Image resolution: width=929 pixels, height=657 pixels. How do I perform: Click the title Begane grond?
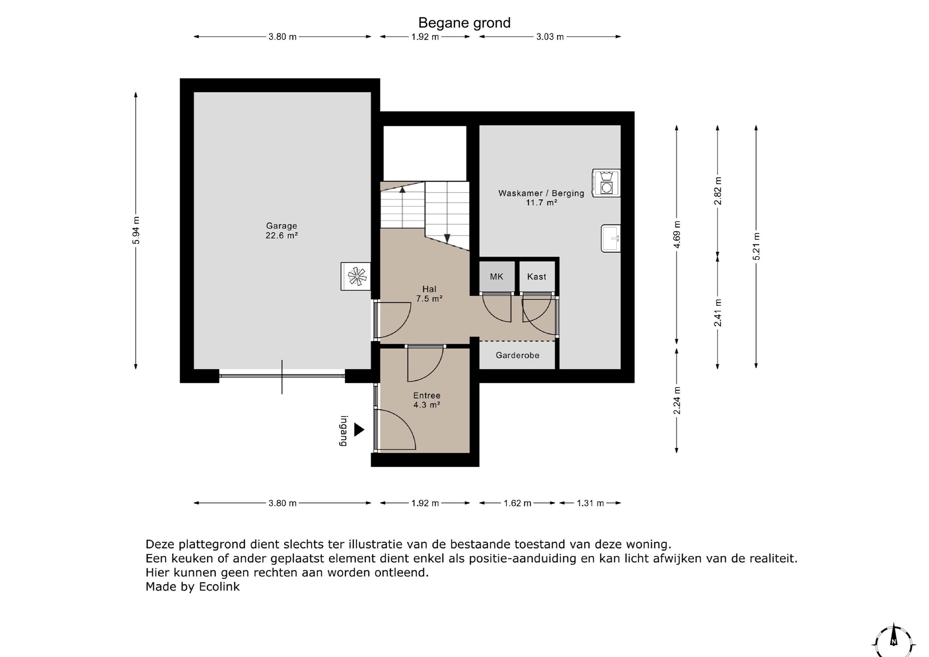coord(464,23)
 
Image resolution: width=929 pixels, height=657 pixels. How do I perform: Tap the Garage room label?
coord(282,230)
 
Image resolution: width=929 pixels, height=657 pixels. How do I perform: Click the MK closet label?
coord(496,277)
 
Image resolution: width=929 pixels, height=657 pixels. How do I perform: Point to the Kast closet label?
coord(537,277)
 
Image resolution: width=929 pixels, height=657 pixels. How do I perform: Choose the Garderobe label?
coord(517,356)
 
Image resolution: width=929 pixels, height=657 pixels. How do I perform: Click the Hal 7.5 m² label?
coord(429,294)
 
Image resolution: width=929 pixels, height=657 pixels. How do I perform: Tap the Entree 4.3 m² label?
coord(427,400)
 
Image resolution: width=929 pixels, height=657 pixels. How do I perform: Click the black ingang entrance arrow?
coord(359,430)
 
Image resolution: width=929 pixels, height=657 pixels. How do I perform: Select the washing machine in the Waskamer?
coord(606,183)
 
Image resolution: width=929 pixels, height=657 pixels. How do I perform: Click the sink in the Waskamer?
coord(611,239)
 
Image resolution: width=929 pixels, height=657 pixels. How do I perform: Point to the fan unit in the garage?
coord(356,276)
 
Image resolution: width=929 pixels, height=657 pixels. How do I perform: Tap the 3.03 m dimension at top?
coord(550,37)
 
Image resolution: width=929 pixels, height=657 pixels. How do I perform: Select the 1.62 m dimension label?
coord(517,503)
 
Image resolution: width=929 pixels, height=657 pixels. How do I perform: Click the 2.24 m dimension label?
coord(677,400)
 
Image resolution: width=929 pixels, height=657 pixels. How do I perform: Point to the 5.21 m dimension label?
coord(756,246)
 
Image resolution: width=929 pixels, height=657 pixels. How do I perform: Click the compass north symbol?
coord(894,642)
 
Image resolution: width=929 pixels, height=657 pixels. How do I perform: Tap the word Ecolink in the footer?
coord(219,587)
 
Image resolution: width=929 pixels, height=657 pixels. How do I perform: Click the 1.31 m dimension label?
coord(590,503)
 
